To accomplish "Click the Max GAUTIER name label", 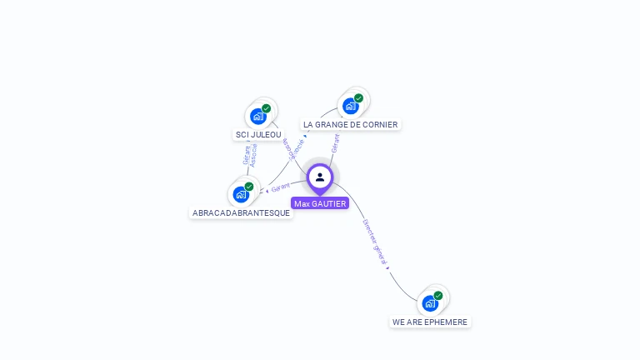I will [x=320, y=203].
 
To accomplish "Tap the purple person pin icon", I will [x=320, y=177].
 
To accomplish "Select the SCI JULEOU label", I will [x=258, y=134].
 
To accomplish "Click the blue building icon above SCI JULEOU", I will [x=258, y=117].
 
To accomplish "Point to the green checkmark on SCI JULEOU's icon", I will [x=267, y=108].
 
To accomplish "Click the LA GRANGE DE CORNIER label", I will [x=350, y=124].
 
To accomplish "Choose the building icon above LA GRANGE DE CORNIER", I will [x=351, y=106].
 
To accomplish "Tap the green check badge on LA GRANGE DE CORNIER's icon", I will [x=359, y=98].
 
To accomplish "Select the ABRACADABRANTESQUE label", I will [x=241, y=212].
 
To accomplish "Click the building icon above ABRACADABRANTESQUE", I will [x=241, y=194].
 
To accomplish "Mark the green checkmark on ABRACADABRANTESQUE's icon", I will [x=249, y=187].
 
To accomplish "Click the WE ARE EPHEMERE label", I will [x=430, y=322].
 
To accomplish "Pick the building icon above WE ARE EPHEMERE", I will [x=430, y=303].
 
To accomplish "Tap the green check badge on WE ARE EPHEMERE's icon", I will [x=438, y=296].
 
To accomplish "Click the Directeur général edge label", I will [x=375, y=242].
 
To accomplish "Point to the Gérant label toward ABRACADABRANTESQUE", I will [x=280, y=187].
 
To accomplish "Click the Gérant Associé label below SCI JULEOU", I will [x=250, y=154].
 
